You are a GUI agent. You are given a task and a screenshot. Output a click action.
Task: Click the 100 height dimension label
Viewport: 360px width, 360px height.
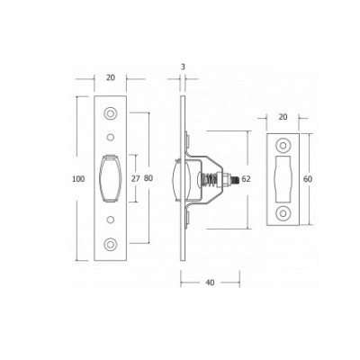click(x=78, y=179)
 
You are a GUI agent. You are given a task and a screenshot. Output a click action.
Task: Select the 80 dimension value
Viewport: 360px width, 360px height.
click(x=148, y=178)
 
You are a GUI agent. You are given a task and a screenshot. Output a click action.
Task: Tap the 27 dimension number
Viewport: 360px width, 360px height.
click(x=136, y=178)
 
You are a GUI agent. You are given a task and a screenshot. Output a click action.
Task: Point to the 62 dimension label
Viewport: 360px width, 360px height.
click(x=246, y=179)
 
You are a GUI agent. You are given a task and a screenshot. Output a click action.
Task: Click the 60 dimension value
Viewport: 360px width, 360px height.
click(x=308, y=179)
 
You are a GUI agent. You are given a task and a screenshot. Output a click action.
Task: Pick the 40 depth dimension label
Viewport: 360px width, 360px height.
click(x=211, y=283)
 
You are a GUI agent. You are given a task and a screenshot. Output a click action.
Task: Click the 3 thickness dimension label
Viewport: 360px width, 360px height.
click(x=183, y=67)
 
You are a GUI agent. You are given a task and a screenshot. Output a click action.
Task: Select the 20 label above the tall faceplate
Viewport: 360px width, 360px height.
click(x=111, y=77)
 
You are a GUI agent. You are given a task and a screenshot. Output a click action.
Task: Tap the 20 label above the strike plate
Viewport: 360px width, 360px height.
click(x=283, y=117)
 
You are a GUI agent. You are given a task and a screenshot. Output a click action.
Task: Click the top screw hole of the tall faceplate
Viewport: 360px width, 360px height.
click(x=111, y=113)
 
